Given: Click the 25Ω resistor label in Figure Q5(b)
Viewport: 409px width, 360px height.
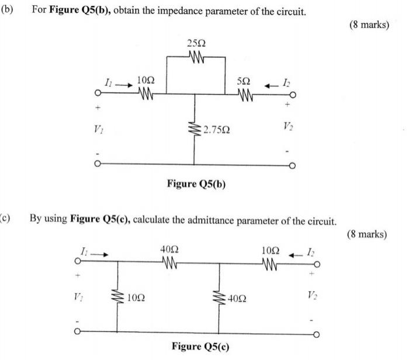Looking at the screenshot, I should tap(197, 44).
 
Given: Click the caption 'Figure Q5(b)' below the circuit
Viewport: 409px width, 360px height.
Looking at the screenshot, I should tap(196, 184).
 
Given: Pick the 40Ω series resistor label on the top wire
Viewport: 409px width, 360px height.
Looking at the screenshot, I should tap(169, 250).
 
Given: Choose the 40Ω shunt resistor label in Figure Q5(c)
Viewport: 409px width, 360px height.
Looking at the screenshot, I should tap(238, 298).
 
